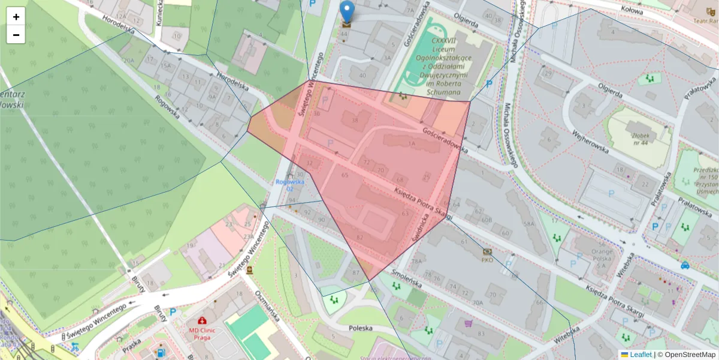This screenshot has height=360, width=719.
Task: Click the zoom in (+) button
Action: coord(16,17)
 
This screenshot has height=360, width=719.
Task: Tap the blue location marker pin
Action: coord(346,12)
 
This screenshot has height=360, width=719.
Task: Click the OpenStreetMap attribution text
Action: coord(686,355)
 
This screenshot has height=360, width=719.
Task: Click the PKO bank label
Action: coord(487,260)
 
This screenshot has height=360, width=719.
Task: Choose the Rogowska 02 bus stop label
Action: coord(291,185)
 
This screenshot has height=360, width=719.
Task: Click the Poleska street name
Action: coord(361,328)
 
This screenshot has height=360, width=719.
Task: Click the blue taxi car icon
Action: coord(685,265)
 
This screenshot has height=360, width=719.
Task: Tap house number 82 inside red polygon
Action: coord(359,238)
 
